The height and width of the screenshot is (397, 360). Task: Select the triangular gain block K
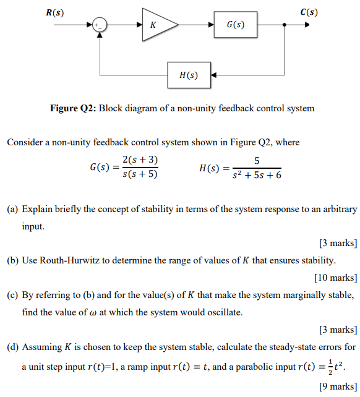(x=157, y=25)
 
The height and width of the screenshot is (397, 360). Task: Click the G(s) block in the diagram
(x=235, y=25)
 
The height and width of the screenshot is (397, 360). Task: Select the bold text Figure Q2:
(x=72, y=108)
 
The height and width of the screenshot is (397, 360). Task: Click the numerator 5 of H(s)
(x=256, y=161)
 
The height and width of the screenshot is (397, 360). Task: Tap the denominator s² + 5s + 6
(x=256, y=175)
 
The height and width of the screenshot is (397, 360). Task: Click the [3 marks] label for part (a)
(x=338, y=242)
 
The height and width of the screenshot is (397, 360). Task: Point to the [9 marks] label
(x=338, y=386)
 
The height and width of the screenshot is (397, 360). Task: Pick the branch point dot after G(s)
(x=284, y=25)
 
